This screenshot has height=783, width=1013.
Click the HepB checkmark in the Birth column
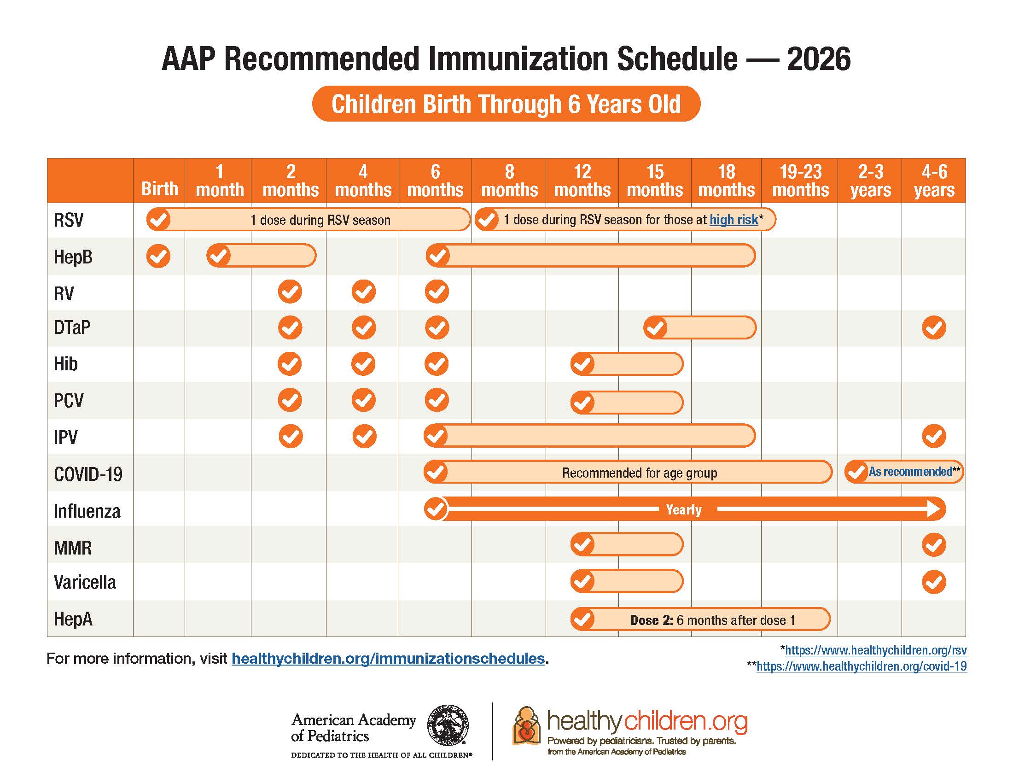click(x=158, y=256)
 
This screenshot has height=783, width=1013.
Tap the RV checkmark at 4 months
click(x=363, y=292)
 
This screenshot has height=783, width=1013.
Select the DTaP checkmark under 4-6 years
click(x=934, y=328)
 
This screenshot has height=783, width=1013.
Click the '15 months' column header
click(x=654, y=181)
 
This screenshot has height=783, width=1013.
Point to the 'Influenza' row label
click(x=87, y=511)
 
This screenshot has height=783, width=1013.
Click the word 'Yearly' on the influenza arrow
click(x=684, y=509)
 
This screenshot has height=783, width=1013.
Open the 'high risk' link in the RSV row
click(x=734, y=219)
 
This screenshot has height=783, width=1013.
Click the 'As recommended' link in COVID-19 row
click(x=910, y=472)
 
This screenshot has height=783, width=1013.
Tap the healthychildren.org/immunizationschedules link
click(x=388, y=658)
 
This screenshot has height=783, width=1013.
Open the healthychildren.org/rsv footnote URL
click(x=876, y=650)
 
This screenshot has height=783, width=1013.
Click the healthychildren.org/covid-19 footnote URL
click(x=862, y=666)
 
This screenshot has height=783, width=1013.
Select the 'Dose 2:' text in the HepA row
click(x=651, y=620)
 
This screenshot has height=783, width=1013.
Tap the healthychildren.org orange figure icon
click(x=526, y=726)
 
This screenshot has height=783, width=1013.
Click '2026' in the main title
click(x=818, y=59)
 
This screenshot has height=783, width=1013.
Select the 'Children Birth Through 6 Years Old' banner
click(x=506, y=104)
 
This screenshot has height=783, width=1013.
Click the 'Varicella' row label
click(x=85, y=582)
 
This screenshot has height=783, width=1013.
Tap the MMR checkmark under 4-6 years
click(x=934, y=544)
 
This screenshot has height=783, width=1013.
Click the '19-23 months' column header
click(x=800, y=181)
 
